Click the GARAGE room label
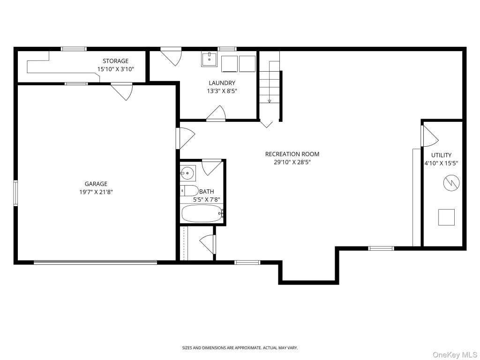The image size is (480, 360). (x=96, y=184)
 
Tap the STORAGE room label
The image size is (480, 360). (x=115, y=61)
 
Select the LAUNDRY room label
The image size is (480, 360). (x=222, y=82)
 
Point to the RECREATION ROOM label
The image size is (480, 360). (x=292, y=154)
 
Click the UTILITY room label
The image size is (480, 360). (x=441, y=155)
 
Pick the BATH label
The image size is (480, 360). (x=207, y=191)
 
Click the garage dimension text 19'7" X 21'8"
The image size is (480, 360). (x=96, y=192)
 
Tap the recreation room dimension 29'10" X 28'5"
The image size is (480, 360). (x=292, y=162)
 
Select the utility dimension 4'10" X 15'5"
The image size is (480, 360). (x=441, y=163)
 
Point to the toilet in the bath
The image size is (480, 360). (x=189, y=191)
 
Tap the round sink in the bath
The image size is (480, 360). (x=187, y=173)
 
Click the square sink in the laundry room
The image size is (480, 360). (x=209, y=59)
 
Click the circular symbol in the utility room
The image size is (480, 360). (x=451, y=183)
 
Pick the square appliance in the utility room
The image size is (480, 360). (x=446, y=217)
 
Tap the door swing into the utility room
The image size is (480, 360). (x=430, y=136)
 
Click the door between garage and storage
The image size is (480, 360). (x=121, y=91)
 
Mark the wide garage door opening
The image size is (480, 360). (x=95, y=262)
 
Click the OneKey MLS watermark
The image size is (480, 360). (x=455, y=355)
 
